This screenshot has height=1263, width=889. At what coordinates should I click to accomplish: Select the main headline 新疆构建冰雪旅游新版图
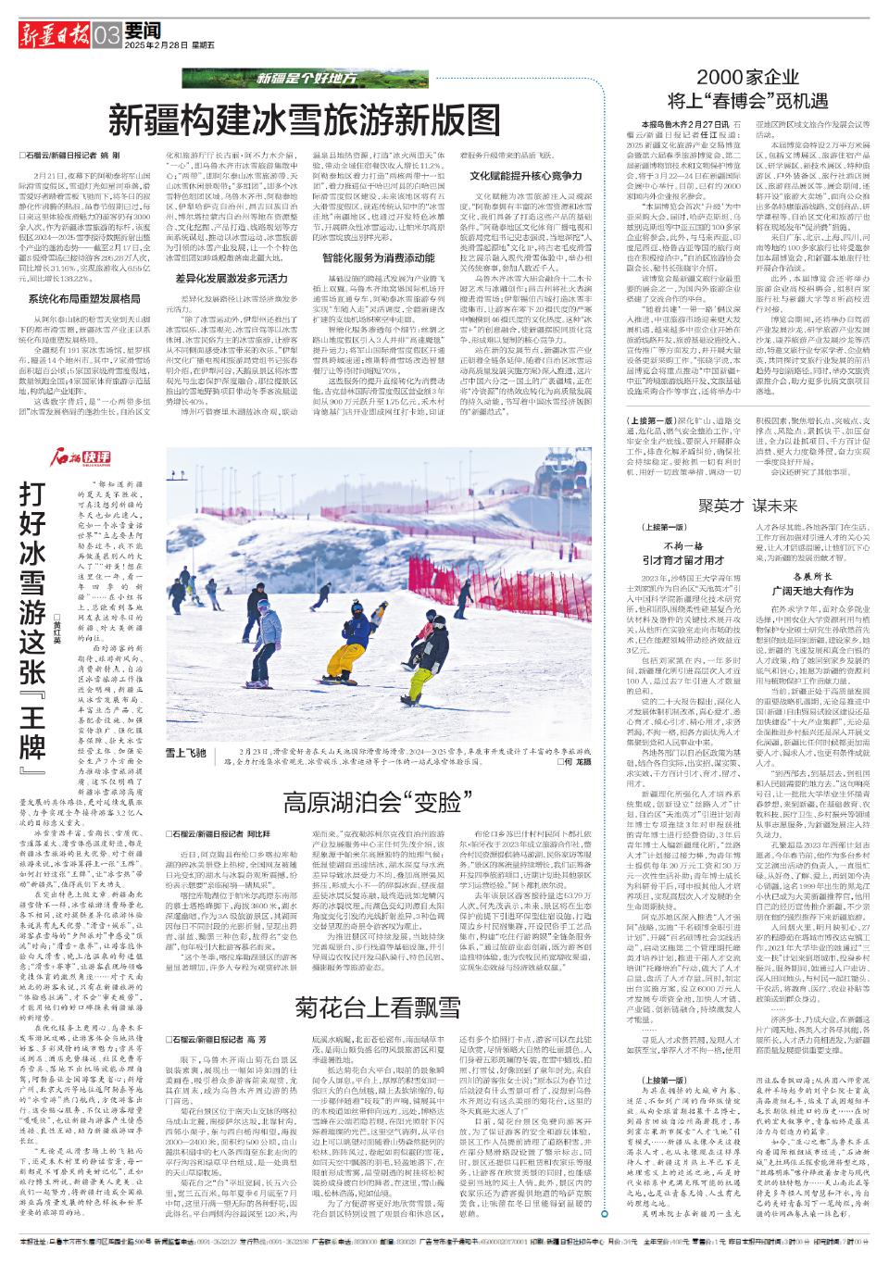(305, 119)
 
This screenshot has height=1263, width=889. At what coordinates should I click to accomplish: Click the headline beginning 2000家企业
(747, 89)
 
